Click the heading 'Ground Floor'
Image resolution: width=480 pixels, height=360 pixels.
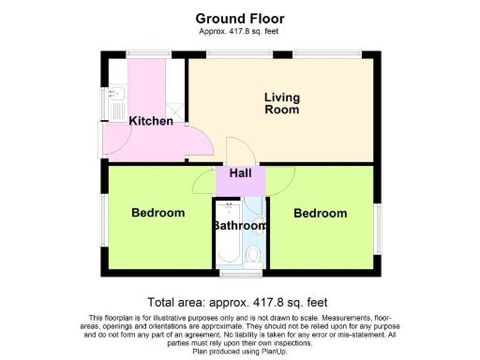(x=240, y=18)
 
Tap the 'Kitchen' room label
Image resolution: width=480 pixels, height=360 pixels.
(x=151, y=122)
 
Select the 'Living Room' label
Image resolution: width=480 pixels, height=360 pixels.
(x=282, y=103)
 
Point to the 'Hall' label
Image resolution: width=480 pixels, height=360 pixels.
(x=240, y=173)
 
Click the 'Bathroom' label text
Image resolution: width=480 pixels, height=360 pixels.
(x=240, y=226)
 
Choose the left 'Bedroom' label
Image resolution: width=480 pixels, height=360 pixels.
(x=157, y=214)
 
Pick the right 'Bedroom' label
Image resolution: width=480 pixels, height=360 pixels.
(x=321, y=214)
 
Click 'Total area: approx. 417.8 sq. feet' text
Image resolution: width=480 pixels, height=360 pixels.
(x=240, y=302)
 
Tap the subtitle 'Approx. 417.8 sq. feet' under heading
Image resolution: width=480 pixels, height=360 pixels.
(x=240, y=32)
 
